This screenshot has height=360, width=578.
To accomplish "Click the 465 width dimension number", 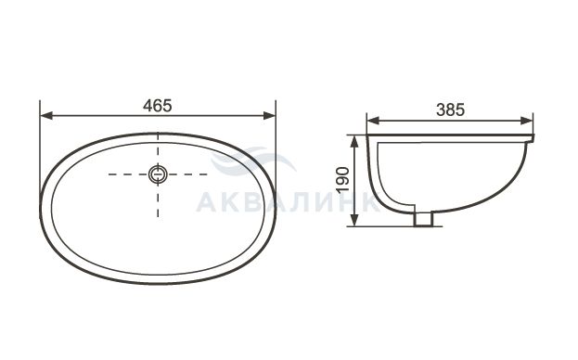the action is coord(158,106).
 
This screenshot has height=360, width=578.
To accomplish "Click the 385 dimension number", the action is coord(451,109).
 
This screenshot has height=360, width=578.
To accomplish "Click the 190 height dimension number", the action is coord(343,179).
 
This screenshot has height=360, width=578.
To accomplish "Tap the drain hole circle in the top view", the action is coord(158,174).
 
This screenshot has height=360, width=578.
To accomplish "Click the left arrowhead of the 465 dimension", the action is coord(46,116).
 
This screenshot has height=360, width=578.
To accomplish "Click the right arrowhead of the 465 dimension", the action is coord(269,116).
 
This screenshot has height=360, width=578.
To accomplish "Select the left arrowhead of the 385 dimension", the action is coord(373,121).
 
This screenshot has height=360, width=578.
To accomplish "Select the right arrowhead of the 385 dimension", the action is coord(526,121).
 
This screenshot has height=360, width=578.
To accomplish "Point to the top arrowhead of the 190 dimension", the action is coord(354,142).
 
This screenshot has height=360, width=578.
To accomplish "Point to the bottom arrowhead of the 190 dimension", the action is coord(354,220).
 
